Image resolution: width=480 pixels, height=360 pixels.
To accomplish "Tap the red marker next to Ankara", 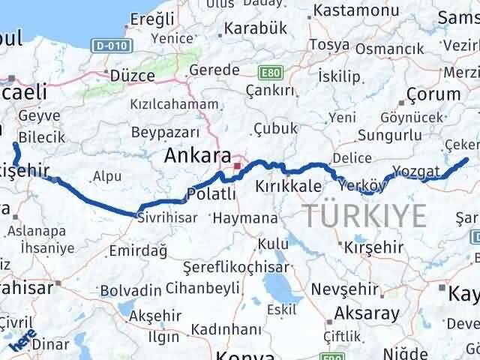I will click(x=238, y=166).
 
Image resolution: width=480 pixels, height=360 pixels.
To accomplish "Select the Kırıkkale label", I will click(x=289, y=186).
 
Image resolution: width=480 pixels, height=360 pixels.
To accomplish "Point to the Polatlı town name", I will click(x=211, y=194).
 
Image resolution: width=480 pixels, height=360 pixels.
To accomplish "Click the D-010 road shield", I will click(x=109, y=46).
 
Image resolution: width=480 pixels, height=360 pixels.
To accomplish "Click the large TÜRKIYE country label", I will click(x=365, y=216).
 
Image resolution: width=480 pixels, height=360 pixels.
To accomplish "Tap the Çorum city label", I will click(x=433, y=94).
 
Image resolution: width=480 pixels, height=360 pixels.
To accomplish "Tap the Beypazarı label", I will click(x=163, y=131).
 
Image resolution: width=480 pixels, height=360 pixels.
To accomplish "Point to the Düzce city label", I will click(x=132, y=76).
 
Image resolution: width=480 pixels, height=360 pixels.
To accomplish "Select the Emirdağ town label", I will click(x=137, y=252).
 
